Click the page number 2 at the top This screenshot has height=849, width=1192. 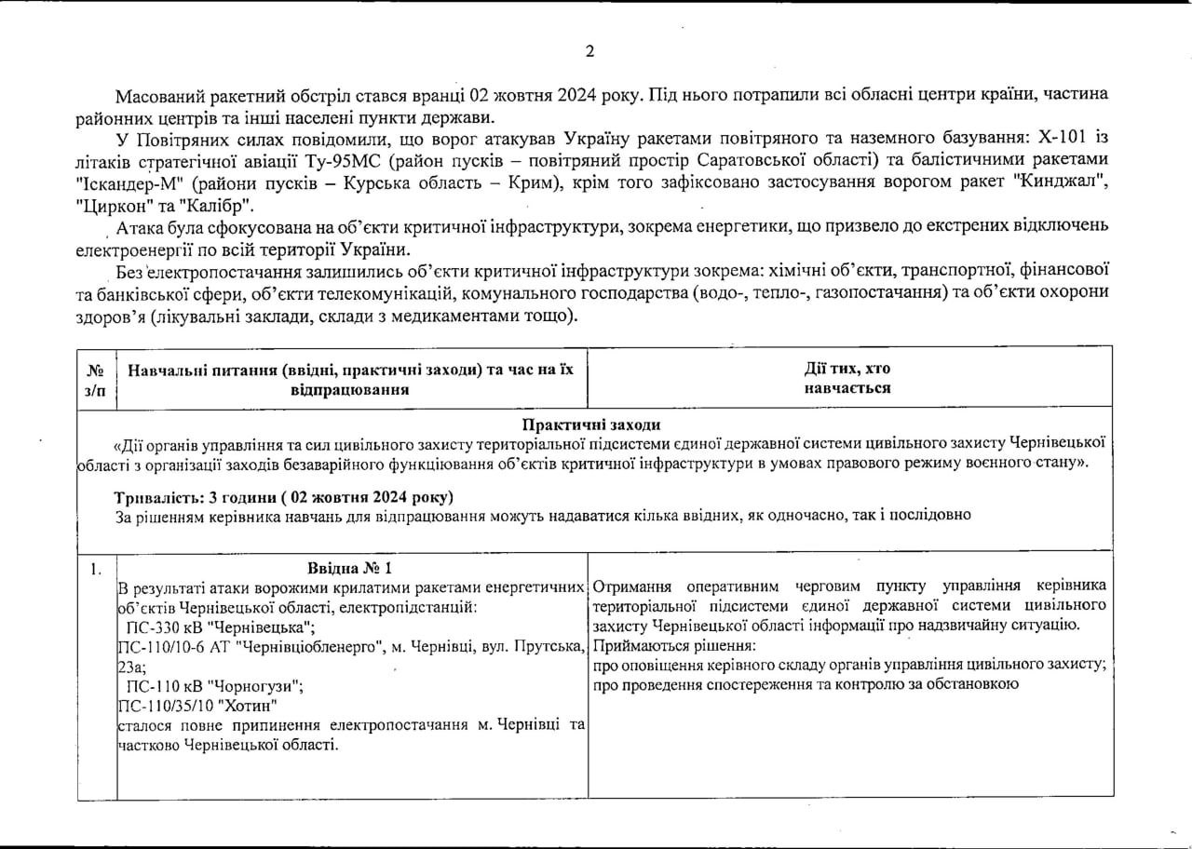pyautogui.click(x=589, y=51)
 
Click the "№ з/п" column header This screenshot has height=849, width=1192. pyautogui.click(x=96, y=379)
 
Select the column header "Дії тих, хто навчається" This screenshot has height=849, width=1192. pyautogui.click(x=848, y=379)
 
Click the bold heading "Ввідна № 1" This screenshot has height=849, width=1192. pyautogui.click(x=350, y=567)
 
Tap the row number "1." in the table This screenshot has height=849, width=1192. pyautogui.click(x=96, y=568)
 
